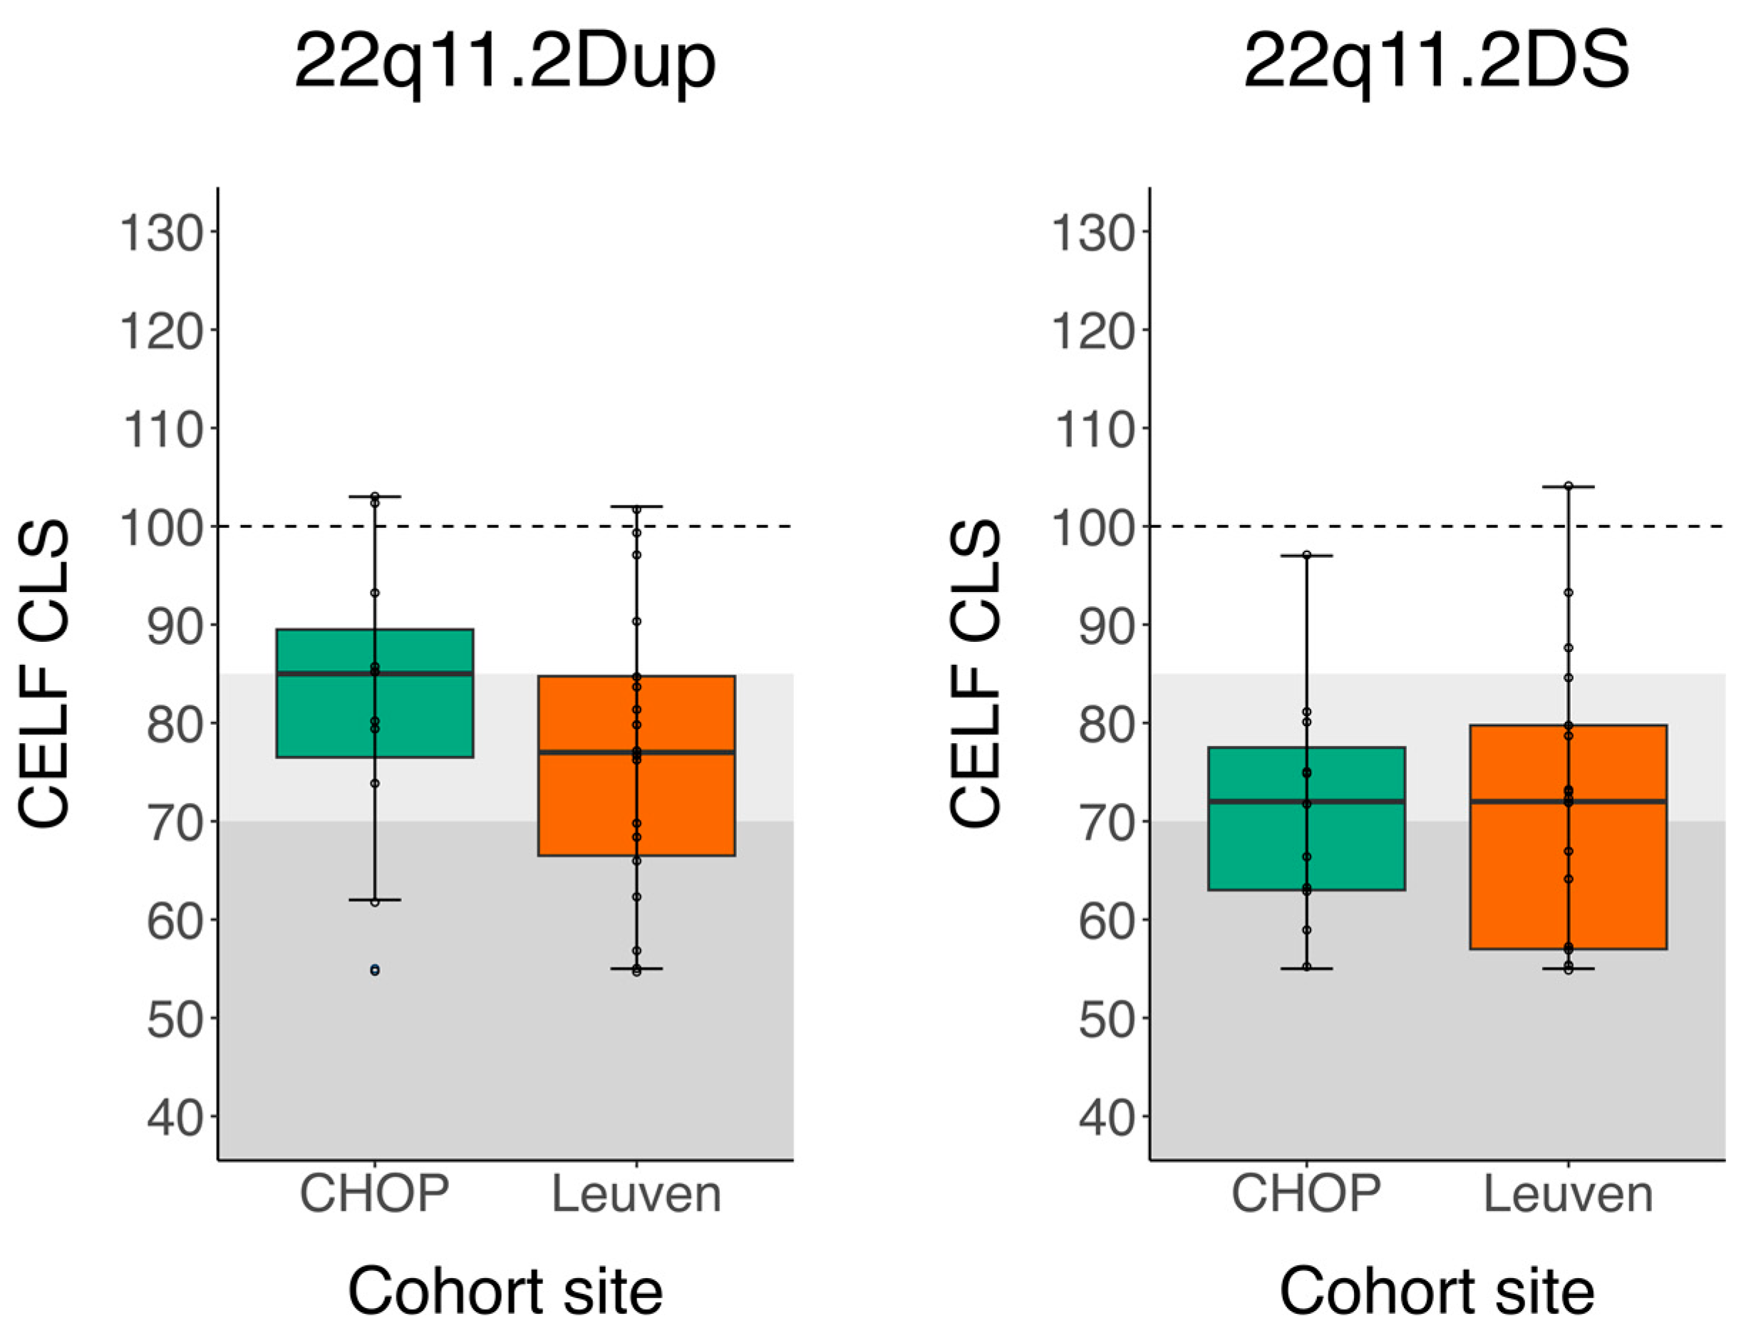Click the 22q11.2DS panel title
pyautogui.click(x=1436, y=62)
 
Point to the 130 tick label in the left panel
pyautogui.click(x=162, y=234)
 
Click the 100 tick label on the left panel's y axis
pyautogui.click(x=162, y=528)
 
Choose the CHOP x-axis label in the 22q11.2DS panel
pyautogui.click(x=1306, y=1194)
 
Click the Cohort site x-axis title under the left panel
pyautogui.click(x=505, y=1291)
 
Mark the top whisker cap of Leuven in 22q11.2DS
pyautogui.click(x=1567, y=487)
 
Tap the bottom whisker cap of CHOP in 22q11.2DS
pyautogui.click(x=1306, y=968)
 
